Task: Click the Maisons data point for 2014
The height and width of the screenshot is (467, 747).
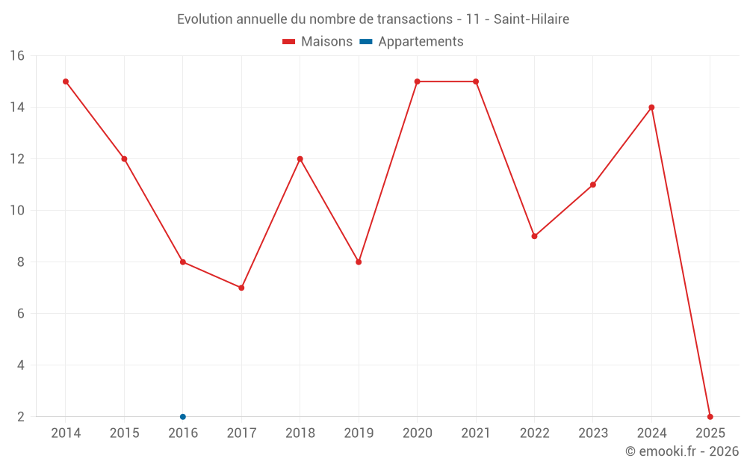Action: (66, 81)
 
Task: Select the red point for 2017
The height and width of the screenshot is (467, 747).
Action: (241, 288)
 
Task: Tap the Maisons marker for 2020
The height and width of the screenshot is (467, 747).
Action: (417, 81)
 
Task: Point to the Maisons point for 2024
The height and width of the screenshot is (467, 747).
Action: (651, 108)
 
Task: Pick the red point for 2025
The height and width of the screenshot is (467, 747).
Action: (710, 416)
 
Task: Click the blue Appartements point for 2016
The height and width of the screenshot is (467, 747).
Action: (183, 416)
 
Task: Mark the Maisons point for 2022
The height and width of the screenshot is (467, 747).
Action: (534, 236)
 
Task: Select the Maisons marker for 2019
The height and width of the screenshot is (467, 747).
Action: (359, 262)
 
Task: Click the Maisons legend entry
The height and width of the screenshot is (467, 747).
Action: (317, 42)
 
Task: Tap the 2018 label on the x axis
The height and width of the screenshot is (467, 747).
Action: (300, 433)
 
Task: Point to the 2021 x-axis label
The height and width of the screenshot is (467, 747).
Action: (476, 433)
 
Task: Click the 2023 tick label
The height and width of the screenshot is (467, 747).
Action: (593, 433)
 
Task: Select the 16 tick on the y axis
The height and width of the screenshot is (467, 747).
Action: (17, 56)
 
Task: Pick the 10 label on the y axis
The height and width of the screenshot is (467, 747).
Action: (17, 211)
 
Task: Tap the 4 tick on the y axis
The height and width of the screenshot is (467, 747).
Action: (21, 365)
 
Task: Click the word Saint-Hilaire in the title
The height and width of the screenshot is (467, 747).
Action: (531, 19)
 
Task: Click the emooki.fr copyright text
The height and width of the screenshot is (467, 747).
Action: (682, 451)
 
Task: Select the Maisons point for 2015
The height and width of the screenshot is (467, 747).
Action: (124, 159)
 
